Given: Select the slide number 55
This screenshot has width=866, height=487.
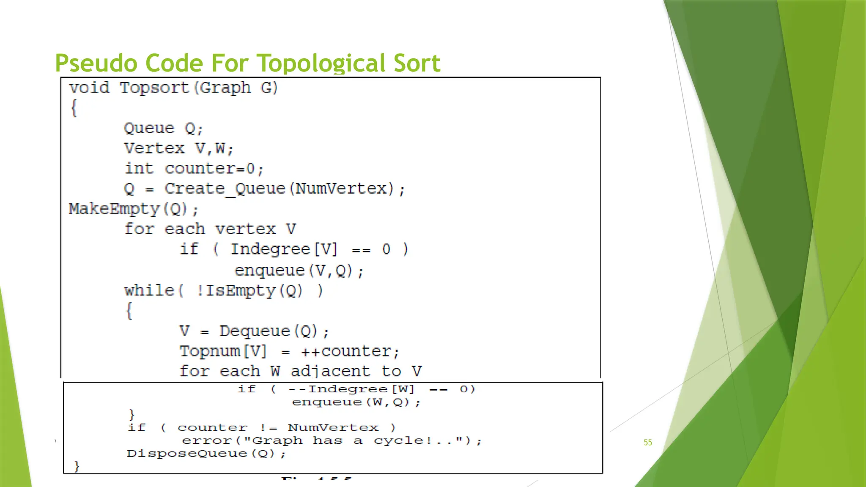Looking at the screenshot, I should point(648,442).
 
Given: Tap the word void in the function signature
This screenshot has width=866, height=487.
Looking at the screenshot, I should point(90,88).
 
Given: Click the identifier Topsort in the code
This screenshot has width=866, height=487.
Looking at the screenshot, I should point(154,88).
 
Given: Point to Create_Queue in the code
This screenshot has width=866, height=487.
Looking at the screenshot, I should point(225,189).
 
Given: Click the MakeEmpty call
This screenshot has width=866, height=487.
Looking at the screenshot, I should point(114,209).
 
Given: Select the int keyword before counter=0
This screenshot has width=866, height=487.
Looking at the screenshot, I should point(139,168).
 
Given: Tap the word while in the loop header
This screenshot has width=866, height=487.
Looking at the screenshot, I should point(149,290).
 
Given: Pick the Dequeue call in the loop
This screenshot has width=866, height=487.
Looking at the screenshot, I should point(255,331).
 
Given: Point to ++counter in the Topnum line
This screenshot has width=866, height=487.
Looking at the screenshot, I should point(345,351).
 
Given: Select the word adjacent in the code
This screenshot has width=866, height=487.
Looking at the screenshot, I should point(330,371).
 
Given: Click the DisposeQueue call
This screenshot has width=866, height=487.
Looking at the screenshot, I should point(187,454).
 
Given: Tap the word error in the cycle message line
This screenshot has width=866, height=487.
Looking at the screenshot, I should point(207,440).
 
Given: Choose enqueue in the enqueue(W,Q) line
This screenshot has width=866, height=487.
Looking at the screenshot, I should point(327,402).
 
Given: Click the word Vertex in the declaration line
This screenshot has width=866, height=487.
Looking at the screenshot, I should point(154,148).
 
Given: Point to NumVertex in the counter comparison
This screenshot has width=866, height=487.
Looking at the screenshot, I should point(333,428).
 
